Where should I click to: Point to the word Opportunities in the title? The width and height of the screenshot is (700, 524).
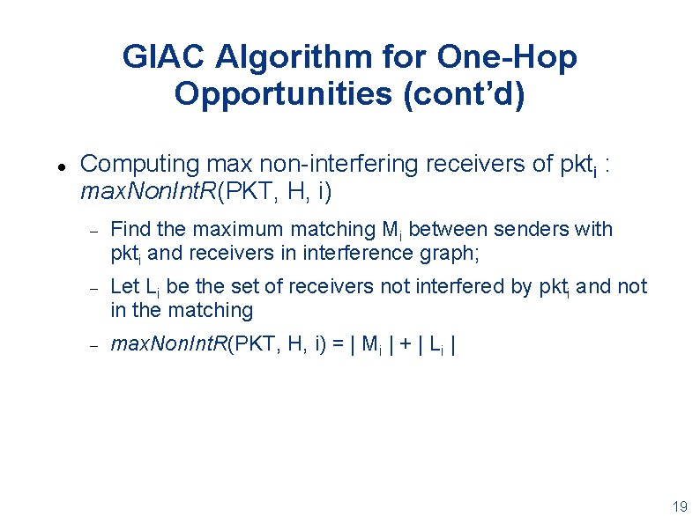pyautogui.click(x=284, y=92)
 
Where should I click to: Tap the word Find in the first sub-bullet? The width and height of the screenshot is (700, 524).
pyautogui.click(x=130, y=229)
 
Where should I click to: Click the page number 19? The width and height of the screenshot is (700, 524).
pyautogui.click(x=679, y=506)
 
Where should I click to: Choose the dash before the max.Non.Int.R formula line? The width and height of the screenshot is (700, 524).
pyautogui.click(x=93, y=344)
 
